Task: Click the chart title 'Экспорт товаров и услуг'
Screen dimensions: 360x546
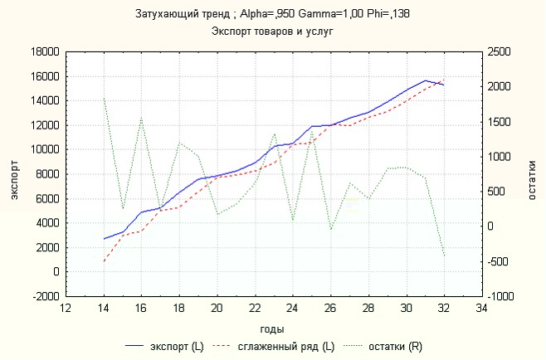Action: [x=273, y=32]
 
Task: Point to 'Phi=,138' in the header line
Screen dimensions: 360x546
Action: [x=391, y=14]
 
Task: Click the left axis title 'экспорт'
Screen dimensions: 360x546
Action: [x=14, y=173]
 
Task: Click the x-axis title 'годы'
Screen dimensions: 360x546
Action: [x=273, y=328]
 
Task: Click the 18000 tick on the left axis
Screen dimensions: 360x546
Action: [x=44, y=52]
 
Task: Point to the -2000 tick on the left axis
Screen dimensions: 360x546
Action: [x=44, y=296]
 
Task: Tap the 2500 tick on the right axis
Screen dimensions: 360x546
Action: [x=501, y=52]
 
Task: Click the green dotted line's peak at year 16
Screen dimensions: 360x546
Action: [x=142, y=118]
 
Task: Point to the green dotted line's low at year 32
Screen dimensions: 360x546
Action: [x=444, y=255]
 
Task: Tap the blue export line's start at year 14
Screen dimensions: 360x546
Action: [x=104, y=239]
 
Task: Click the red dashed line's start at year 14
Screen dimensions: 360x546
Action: [x=104, y=261]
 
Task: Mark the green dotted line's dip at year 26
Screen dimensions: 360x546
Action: [x=330, y=230]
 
